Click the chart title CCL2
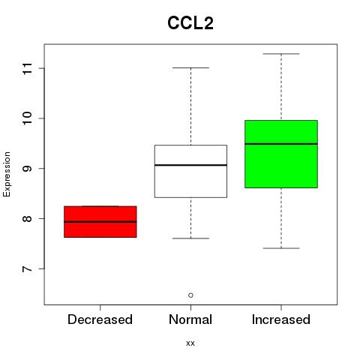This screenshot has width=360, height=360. tap(190, 23)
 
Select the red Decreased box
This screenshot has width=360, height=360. tap(100, 221)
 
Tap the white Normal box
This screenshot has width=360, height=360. tap(190, 171)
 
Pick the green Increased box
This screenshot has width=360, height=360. tap(281, 154)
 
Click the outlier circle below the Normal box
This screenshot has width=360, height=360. tap(190, 295)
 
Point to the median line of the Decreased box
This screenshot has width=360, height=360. tap(100, 222)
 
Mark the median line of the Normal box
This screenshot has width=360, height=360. tap(190, 165)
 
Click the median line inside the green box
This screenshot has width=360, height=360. tap(281, 144)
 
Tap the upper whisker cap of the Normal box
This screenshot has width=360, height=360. tap(190, 67)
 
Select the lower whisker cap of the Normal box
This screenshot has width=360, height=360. tap(190, 238)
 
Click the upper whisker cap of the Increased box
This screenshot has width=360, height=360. tap(281, 54)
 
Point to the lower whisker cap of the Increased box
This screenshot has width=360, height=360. tap(281, 248)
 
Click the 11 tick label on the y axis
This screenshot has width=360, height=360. tap(27, 68)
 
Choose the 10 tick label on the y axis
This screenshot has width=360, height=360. tap(27, 118)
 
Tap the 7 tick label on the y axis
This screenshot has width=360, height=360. tap(27, 269)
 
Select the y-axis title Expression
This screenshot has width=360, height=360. tap(7, 174)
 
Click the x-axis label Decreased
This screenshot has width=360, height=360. tap(100, 319)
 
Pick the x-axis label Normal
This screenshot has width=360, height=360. tap(190, 319)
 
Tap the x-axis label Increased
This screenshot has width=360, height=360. tap(281, 319)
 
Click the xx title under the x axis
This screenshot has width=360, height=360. tap(190, 343)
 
